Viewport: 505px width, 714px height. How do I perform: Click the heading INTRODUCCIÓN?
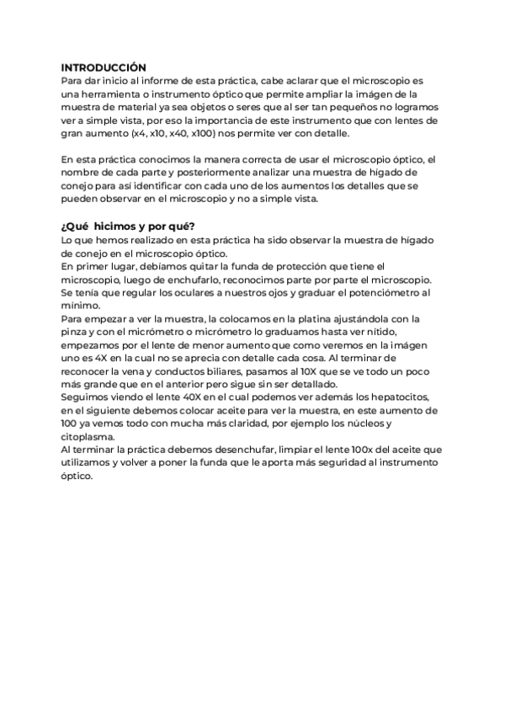[x=104, y=67]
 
